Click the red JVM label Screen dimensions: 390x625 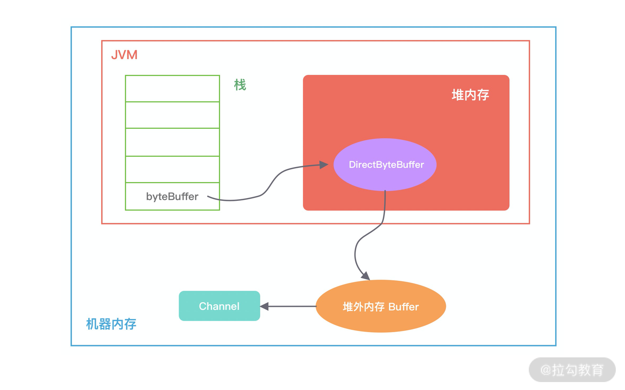[124, 55]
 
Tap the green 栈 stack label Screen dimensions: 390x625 [240, 85]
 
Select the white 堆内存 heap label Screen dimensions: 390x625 [470, 95]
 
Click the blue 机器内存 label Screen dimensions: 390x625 [111, 324]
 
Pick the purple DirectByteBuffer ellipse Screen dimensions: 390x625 [385, 164]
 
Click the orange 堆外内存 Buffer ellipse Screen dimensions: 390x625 [381, 306]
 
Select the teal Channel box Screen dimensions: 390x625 [219, 306]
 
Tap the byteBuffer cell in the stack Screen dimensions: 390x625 [172, 196]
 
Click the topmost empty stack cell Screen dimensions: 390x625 [172, 88]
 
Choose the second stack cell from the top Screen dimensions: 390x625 [172, 115]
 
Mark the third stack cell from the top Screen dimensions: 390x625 [172, 142]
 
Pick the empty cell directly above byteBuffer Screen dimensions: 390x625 [172, 169]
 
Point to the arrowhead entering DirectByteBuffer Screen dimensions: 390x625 [324, 165]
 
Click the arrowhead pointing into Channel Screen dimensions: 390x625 [264, 306]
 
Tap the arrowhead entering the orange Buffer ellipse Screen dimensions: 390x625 [365, 276]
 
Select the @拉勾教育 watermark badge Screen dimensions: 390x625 [572, 369]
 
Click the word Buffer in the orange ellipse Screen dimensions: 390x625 [403, 307]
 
